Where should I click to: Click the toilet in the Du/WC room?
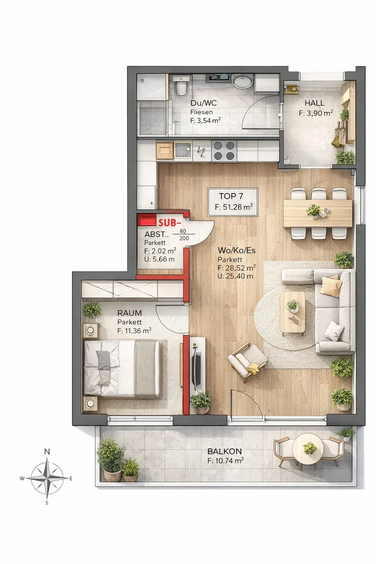(x=181, y=86)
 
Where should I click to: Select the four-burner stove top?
(x=224, y=150)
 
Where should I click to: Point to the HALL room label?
(x=314, y=103)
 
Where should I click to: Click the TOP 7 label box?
(x=233, y=202)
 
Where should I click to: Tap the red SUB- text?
(x=170, y=223)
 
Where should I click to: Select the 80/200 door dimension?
(x=184, y=235)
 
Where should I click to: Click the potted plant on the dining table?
(x=313, y=211)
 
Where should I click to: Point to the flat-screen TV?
(x=196, y=365)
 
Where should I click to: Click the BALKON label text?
(x=225, y=452)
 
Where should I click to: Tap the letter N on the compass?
(x=47, y=452)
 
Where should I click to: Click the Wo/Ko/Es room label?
(x=236, y=251)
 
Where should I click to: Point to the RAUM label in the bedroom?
(x=129, y=313)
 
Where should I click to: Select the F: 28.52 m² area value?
(x=237, y=267)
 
